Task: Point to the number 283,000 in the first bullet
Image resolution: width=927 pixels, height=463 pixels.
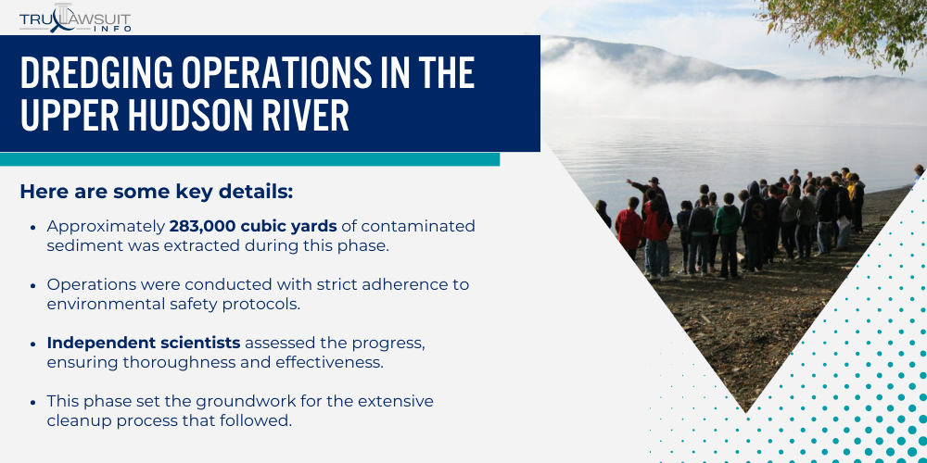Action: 199,226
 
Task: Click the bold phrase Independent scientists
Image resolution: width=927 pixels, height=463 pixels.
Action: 144,343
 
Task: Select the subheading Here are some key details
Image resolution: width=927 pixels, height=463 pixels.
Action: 156,192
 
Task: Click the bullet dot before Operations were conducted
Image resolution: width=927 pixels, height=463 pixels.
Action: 34,285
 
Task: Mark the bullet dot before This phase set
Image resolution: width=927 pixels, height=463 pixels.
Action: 34,402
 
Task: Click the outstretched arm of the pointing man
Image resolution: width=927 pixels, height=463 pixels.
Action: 638,184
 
